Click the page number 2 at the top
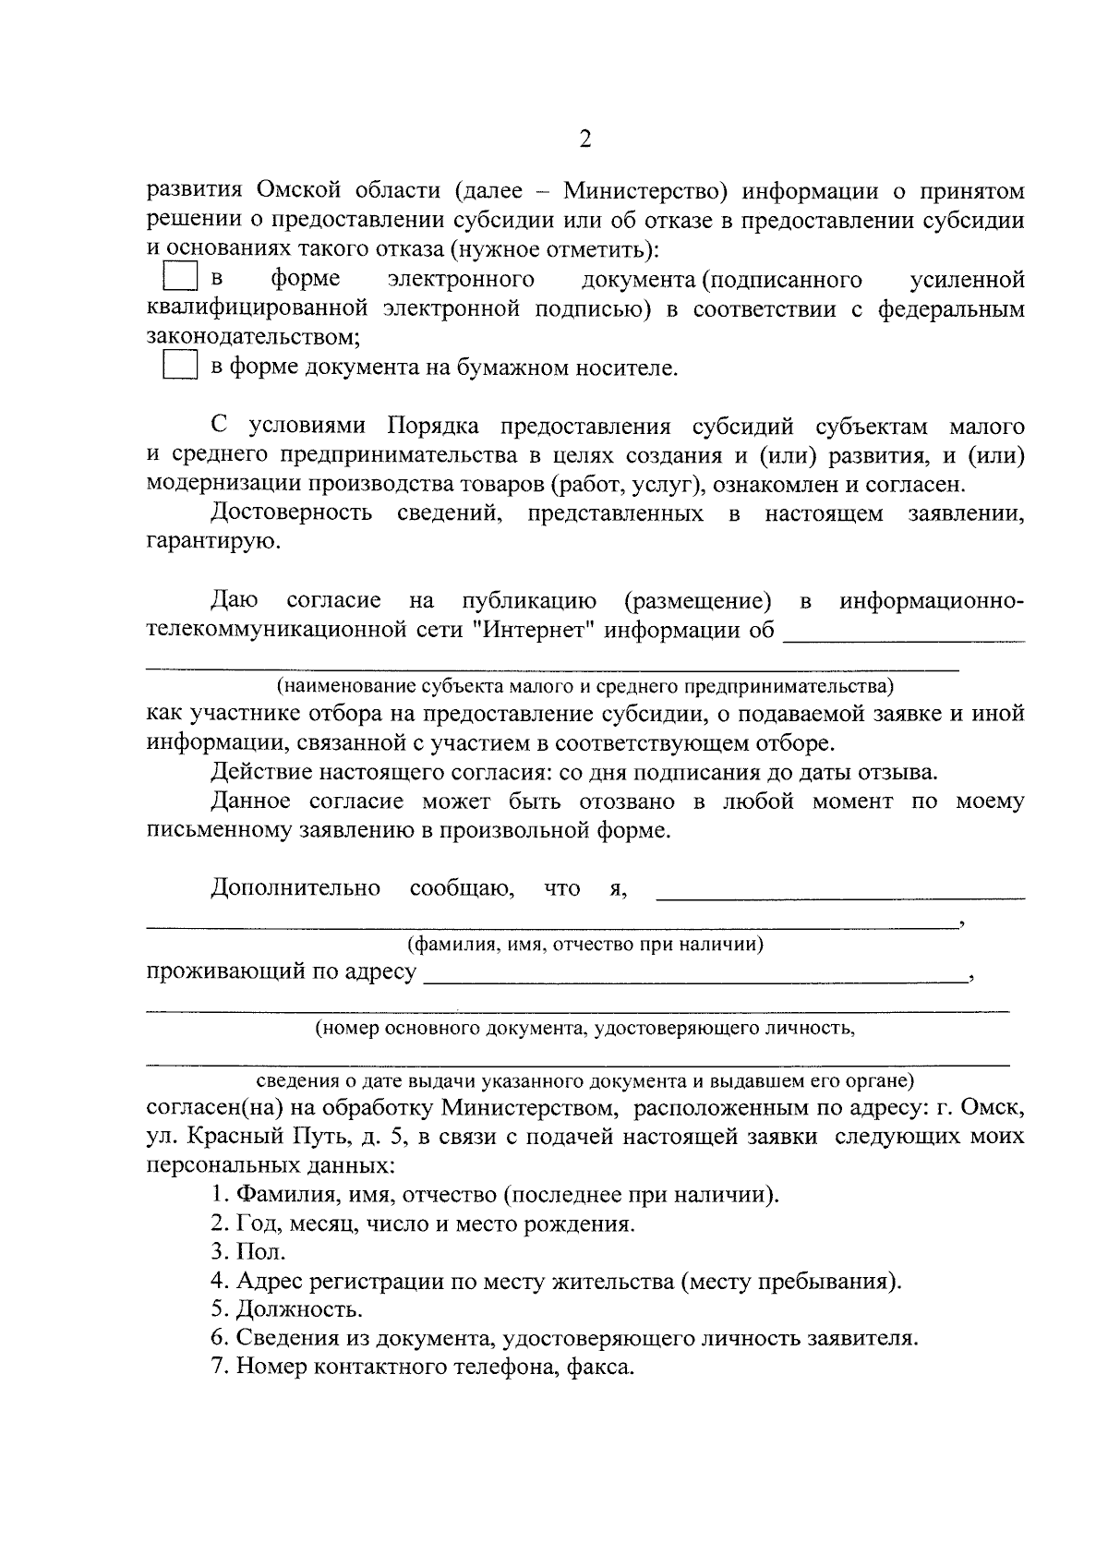[584, 139]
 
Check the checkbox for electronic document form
[180, 278]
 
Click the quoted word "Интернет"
[538, 631]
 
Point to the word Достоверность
[292, 513]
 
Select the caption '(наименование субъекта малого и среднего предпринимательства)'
[584, 686]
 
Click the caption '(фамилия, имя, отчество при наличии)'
[584, 945]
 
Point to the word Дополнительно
[295, 888]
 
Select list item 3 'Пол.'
[249, 1253]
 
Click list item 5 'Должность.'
[287, 1310]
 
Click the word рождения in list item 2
[587, 1224]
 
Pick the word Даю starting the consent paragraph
[235, 601]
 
